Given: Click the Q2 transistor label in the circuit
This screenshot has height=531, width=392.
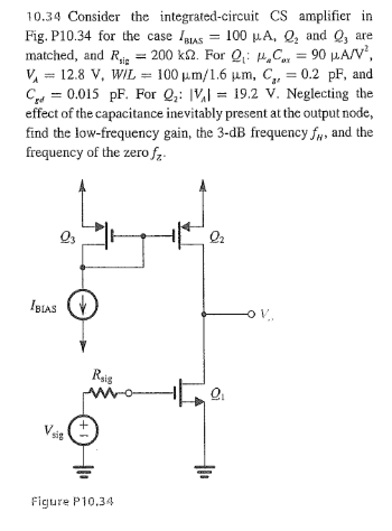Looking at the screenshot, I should (x=217, y=237).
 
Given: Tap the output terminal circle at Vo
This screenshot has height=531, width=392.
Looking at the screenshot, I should (x=251, y=314).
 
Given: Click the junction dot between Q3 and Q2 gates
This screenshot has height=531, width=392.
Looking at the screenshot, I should (x=143, y=236).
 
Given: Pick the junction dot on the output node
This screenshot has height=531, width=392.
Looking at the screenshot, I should (x=204, y=314).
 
